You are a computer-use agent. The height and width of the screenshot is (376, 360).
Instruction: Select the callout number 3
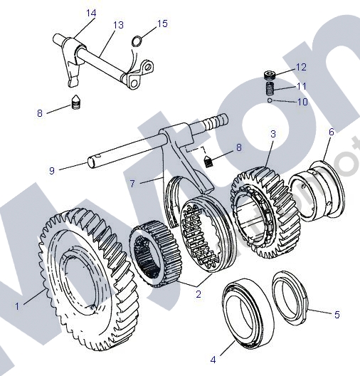(x=272, y=133)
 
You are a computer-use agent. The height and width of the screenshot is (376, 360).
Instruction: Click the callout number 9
(x=51, y=170)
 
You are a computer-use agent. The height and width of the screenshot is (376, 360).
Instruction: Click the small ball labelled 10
(x=271, y=101)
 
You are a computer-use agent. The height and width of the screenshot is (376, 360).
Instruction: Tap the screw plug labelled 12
(x=270, y=75)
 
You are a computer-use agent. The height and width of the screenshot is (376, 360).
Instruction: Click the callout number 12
(x=301, y=68)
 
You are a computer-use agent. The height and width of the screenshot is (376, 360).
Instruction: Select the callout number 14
(x=90, y=13)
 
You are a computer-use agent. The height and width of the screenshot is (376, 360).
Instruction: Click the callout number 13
(x=118, y=25)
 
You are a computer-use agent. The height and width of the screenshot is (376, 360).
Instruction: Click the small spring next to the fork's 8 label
(x=208, y=161)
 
